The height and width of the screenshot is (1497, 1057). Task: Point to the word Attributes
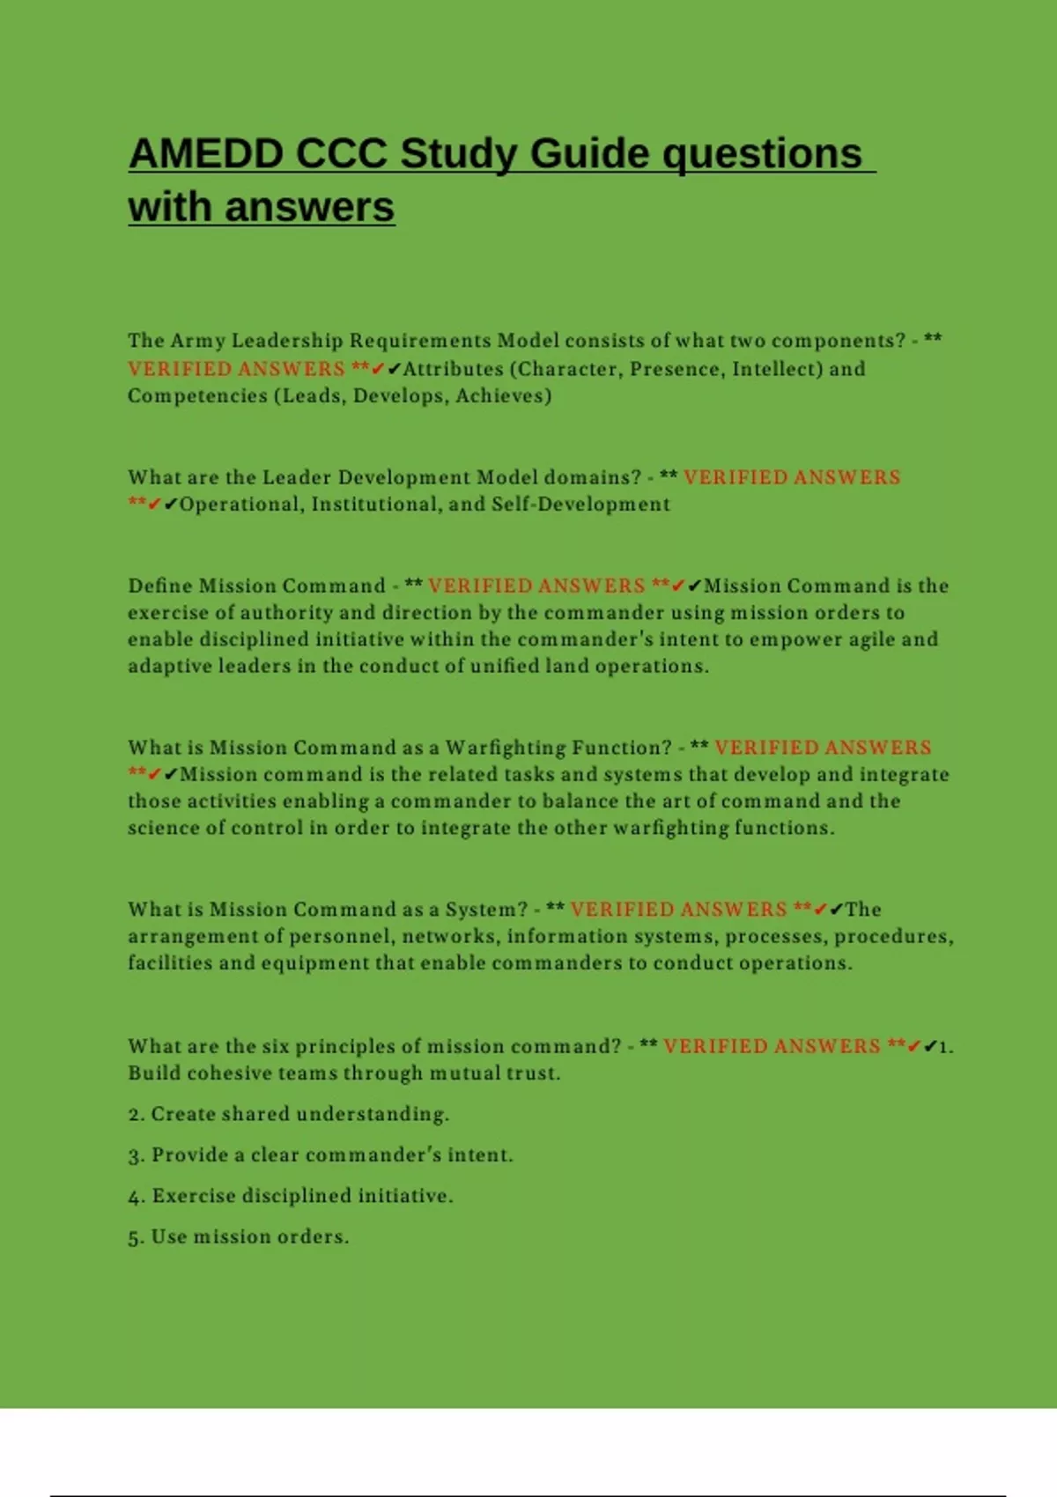pos(453,369)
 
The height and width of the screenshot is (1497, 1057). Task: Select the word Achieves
pos(503,396)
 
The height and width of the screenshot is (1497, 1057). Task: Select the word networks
pos(448,936)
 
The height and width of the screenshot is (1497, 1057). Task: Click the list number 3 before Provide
pos(136,1156)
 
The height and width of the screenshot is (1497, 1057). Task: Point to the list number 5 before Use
pos(135,1238)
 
